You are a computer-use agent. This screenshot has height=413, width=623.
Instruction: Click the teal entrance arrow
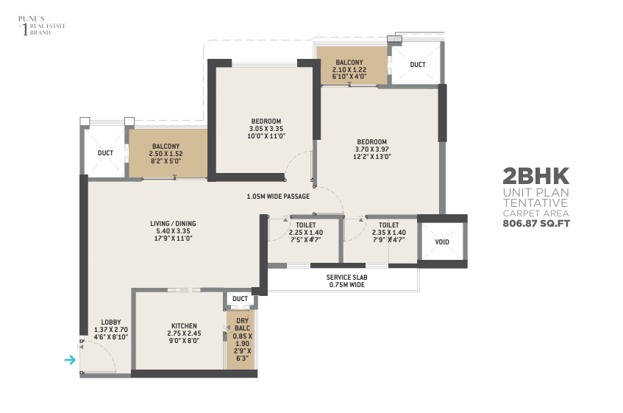(x=70, y=360)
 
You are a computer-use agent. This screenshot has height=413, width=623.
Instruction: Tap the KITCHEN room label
(x=184, y=326)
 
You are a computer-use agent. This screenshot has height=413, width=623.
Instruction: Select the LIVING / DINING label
(x=173, y=224)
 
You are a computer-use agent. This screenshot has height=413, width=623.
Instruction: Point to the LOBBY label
(x=111, y=322)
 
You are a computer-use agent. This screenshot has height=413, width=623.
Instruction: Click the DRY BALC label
(x=243, y=325)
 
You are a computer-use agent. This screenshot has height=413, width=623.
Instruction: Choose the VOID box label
(x=442, y=242)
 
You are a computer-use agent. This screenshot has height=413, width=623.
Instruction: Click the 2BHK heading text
(x=536, y=176)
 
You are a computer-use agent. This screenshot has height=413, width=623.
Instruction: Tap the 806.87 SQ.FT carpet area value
(x=536, y=223)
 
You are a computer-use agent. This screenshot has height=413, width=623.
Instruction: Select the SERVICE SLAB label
(x=347, y=278)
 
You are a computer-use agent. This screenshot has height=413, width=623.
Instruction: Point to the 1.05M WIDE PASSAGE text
(x=278, y=197)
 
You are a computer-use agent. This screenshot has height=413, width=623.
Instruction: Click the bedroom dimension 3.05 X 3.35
(x=266, y=129)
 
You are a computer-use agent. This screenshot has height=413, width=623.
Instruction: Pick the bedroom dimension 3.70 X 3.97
(x=372, y=149)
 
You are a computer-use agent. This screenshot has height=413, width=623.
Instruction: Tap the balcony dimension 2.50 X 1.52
(x=165, y=154)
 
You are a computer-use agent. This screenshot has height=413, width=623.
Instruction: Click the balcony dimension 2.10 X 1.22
(x=349, y=69)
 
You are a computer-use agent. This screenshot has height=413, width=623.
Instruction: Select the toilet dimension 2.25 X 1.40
(x=306, y=233)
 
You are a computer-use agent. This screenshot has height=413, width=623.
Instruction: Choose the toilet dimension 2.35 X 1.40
(x=389, y=233)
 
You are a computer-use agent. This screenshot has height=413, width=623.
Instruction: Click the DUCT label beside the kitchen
(x=240, y=299)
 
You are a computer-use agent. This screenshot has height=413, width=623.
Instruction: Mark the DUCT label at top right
(x=418, y=64)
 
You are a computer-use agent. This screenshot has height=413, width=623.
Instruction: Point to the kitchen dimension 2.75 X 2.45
(x=184, y=333)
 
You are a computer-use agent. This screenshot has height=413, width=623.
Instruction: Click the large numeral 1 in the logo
(x=26, y=29)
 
